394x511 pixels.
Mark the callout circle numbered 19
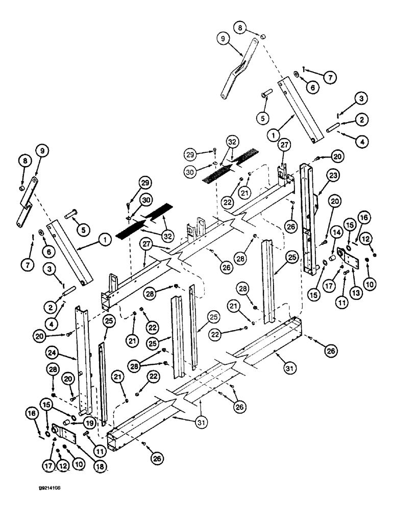(x=90, y=423)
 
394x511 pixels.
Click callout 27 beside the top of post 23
(x=284, y=145)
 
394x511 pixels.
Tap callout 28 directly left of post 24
(x=54, y=368)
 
